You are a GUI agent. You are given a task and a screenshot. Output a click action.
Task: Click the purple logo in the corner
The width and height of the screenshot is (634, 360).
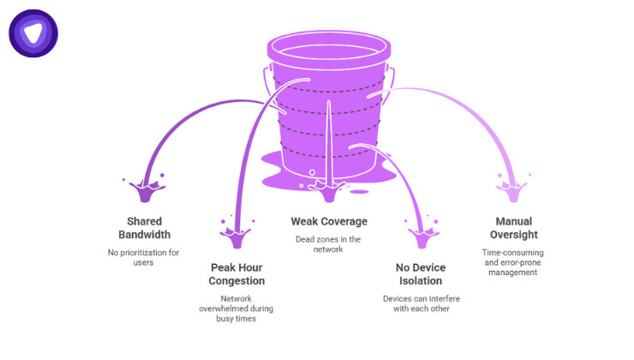(33, 33)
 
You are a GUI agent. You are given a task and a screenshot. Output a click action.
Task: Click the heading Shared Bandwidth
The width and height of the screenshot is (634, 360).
(145, 227)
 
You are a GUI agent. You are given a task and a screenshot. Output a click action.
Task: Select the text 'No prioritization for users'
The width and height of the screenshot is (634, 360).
(145, 258)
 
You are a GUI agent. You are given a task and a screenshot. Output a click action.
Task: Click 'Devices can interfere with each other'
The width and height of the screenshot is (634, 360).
(420, 303)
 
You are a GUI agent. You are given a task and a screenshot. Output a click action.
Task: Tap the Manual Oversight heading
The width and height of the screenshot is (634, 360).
(513, 227)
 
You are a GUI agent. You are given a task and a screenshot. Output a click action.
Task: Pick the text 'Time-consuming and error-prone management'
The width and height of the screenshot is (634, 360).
(513, 262)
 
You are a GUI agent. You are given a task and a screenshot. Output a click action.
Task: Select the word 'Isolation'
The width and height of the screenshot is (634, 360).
(420, 280)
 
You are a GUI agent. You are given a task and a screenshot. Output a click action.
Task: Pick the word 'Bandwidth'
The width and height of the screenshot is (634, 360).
(145, 235)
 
